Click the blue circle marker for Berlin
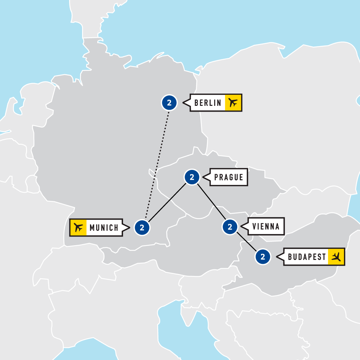point(169,103)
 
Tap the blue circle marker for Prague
point(192,177)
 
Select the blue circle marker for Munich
point(142,228)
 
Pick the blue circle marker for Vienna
point(230,227)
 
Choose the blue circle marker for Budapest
point(263,257)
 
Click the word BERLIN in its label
point(208,103)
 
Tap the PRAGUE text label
point(229,177)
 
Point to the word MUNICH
point(104,228)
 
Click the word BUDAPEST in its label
point(307,257)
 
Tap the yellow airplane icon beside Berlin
point(233,103)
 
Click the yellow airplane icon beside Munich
point(78,228)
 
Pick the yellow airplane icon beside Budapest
point(336,257)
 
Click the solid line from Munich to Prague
point(167,203)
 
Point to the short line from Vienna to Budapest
point(247,242)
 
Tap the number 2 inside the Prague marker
point(192,177)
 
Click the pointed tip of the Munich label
point(129,228)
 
